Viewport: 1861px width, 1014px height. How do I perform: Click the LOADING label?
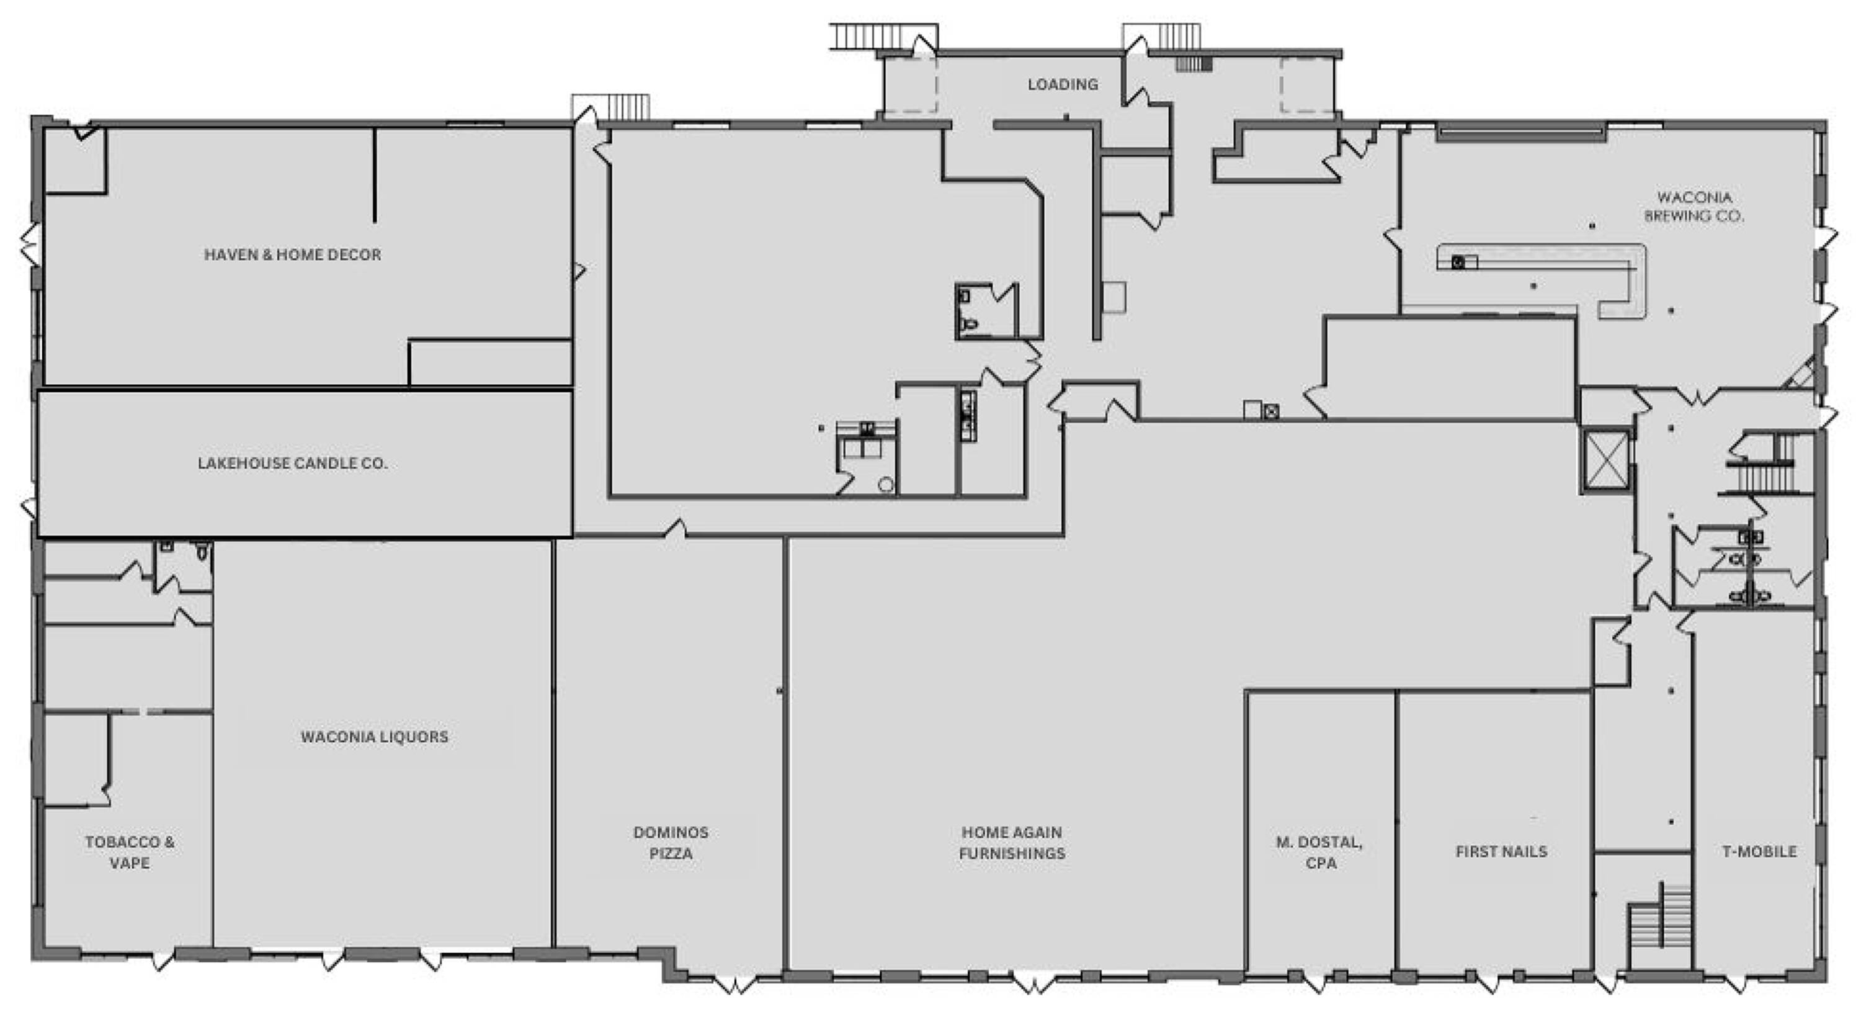click(1063, 84)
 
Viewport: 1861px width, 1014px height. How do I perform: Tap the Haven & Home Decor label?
click(293, 254)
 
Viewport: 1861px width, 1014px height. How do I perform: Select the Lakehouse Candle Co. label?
click(293, 464)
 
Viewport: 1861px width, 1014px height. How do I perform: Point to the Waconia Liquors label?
click(374, 737)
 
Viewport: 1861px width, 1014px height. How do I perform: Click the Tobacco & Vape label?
click(130, 852)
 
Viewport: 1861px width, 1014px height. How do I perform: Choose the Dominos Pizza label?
click(671, 843)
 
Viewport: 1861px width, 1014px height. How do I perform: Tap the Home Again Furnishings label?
click(1012, 843)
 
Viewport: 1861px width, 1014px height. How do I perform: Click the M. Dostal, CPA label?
click(1320, 852)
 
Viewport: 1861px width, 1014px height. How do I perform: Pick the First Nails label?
click(1501, 851)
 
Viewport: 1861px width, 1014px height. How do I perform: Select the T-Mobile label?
click(1759, 851)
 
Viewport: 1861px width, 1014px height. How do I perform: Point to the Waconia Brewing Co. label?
click(1694, 206)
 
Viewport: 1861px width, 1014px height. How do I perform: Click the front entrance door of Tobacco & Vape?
click(162, 960)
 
